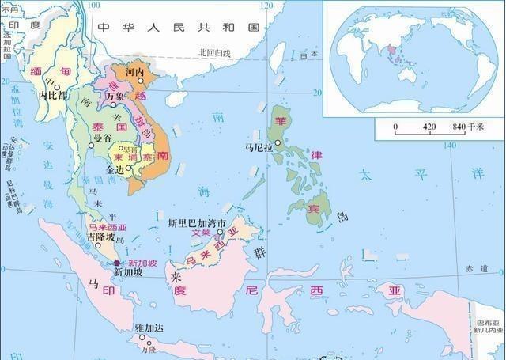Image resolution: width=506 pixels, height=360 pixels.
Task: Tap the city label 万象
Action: coord(116,96)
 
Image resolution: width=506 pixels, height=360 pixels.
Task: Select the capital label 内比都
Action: coord(51,95)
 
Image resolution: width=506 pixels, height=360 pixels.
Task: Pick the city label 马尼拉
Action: coord(259,147)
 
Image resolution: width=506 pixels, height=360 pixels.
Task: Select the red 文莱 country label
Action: coord(202,233)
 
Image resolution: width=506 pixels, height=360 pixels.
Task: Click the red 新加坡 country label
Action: coord(142,263)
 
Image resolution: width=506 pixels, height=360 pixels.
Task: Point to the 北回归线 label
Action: coord(213,53)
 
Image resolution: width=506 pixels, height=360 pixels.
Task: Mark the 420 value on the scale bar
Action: coord(429,127)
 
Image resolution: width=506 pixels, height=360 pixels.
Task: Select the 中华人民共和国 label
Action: coord(178,27)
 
